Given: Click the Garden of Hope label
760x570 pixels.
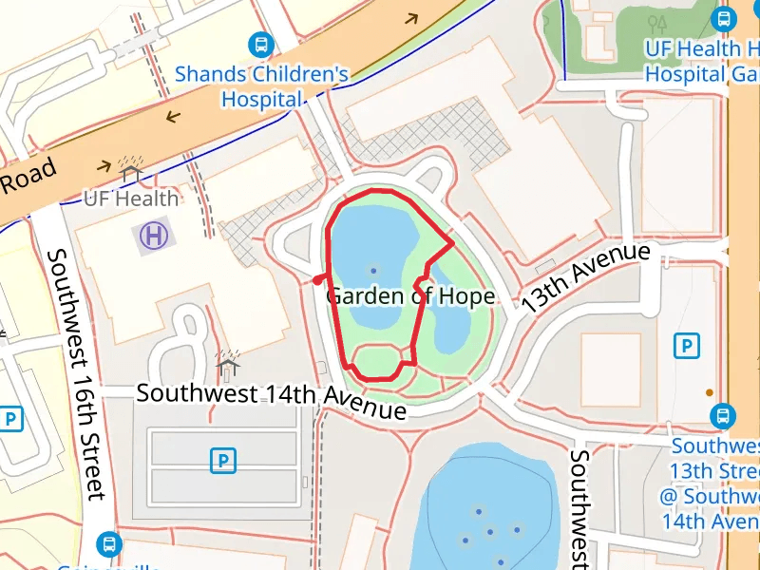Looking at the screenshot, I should pos(409,296).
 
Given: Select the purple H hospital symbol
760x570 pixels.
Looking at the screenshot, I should pos(153,236).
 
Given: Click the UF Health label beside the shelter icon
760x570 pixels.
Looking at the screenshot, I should pos(131,199).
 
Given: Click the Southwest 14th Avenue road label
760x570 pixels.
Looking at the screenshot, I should pos(272,399).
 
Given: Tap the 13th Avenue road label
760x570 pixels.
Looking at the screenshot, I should pos(586,278).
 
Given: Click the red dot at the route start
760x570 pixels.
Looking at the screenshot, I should pos(316,279).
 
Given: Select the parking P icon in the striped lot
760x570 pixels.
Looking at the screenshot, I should pos(222,462).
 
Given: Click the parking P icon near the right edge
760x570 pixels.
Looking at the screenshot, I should pos(686,346).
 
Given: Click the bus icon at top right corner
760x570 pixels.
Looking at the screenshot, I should pos(724,18).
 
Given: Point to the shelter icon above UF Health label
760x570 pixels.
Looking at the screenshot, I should pos(131,170).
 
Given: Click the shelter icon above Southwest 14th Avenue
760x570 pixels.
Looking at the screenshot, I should pos(227,362).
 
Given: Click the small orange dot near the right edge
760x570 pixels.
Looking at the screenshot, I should pos(709,392).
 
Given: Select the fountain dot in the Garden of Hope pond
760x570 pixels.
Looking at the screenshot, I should pos(371,270).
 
